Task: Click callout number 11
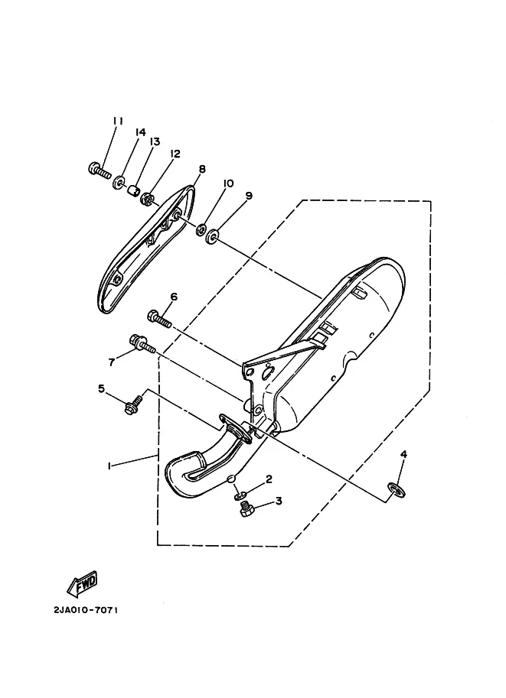point(118,121)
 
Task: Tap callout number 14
point(140,132)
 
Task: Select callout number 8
point(202,169)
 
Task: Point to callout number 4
point(403,454)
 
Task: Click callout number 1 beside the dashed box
point(109,466)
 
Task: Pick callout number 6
point(174,297)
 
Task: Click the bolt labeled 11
point(100,170)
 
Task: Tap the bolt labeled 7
point(142,344)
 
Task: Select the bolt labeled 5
point(134,403)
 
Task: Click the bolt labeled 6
point(159,319)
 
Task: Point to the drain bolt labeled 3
point(246,508)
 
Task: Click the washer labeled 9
point(212,236)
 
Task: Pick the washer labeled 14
point(119,183)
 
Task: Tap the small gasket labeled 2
point(240,495)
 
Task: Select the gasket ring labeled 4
point(397,490)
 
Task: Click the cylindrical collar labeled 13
point(131,190)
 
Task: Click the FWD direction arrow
point(82,583)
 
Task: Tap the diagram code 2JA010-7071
point(86,610)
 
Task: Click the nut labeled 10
point(201,230)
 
